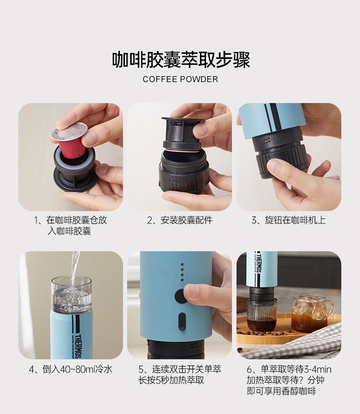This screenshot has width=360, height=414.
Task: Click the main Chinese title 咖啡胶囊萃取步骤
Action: [181, 60]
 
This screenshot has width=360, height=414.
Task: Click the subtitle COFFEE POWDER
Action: [180, 79]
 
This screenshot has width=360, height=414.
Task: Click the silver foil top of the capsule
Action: [69, 132]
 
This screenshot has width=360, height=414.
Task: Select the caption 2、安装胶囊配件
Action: [180, 220]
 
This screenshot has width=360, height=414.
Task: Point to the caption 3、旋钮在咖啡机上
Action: [288, 220]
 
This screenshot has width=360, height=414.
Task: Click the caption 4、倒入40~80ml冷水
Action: [71, 369]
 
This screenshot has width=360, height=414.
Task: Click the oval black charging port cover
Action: [182, 321]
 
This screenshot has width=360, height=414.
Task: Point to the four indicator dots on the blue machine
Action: [182, 272]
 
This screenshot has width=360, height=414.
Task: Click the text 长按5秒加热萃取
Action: [171, 380]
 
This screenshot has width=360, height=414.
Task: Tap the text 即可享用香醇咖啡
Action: [281, 391]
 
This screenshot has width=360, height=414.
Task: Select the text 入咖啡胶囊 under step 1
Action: [69, 231]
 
